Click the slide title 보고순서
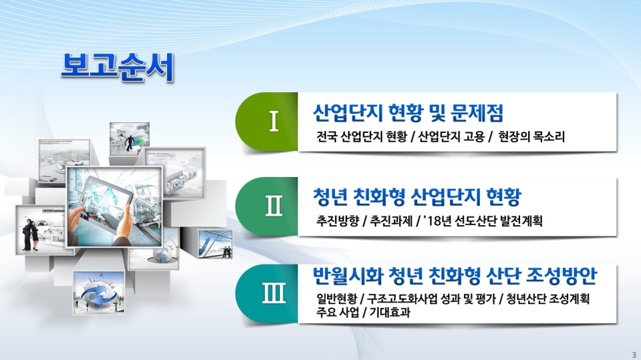118,67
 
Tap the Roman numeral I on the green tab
274,121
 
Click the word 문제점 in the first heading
477,113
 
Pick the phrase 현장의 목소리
531,137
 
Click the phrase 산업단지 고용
451,137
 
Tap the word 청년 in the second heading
331,197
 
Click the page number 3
634,355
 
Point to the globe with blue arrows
99,293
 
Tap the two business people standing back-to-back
31,234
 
